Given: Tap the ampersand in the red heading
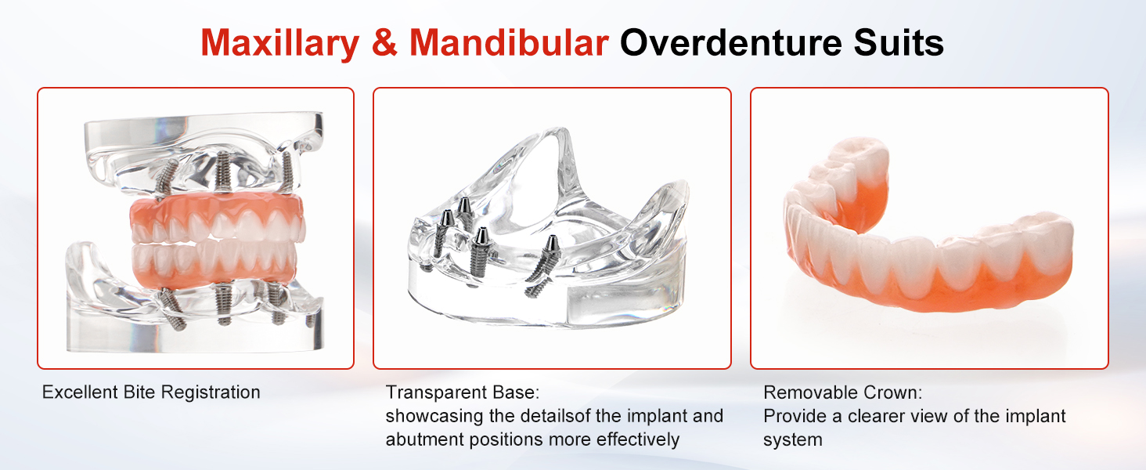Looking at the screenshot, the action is pos(384,42).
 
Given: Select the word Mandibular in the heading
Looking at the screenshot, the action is pos(509,42).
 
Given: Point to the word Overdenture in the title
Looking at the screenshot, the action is pos(730,42).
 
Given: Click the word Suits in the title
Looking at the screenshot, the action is pos(899,42).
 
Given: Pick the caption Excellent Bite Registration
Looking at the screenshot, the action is pos(151,392).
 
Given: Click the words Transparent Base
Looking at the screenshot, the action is pos(463,392).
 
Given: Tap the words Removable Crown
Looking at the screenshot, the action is pos(842,392).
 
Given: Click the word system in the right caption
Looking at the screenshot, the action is pos(792,439).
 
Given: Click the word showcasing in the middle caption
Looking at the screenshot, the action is pos(434,416).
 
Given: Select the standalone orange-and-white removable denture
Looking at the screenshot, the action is pos(927,230).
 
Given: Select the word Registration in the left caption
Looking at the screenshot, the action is pos(211,392).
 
